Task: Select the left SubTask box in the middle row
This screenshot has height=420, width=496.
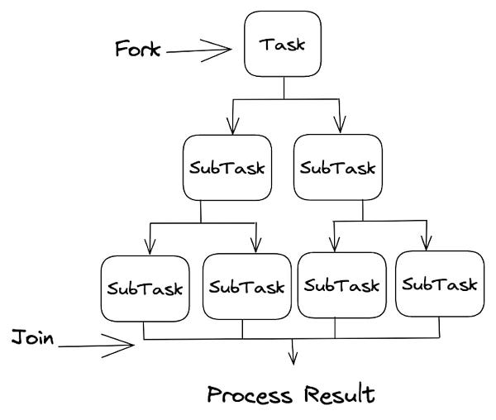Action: [227, 168]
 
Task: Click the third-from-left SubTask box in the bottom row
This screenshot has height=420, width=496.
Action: [341, 285]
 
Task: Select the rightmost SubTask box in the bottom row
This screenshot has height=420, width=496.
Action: [439, 285]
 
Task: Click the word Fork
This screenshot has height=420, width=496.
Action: [138, 50]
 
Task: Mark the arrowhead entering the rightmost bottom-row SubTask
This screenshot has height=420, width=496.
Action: [427, 245]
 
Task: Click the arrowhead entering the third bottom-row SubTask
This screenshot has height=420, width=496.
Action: [334, 246]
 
